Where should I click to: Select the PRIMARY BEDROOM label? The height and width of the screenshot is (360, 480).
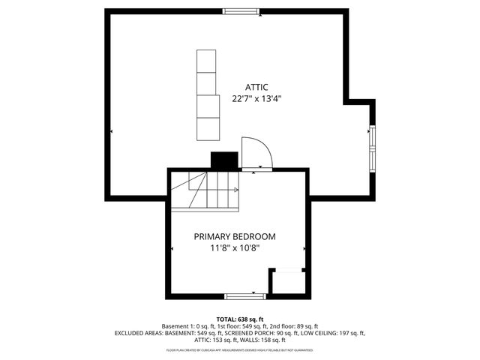click(234, 236)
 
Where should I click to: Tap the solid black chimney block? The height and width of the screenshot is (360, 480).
click(223, 160)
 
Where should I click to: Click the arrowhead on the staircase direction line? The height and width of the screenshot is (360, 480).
click(236, 190)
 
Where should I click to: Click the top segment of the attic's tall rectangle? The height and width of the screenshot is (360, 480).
click(205, 61)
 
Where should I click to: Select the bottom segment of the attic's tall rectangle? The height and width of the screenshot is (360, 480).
click(206, 128)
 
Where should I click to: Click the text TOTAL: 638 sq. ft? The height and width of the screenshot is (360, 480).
click(240, 319)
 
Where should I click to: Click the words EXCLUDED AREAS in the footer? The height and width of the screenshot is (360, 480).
click(139, 333)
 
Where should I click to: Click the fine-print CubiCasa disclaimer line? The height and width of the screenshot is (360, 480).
click(240, 349)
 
